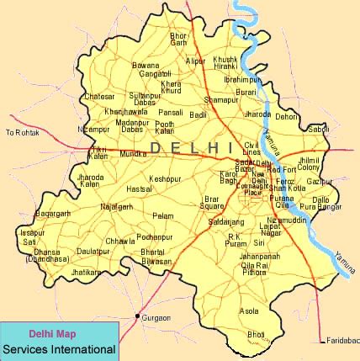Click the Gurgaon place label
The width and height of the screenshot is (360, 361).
(x=157, y=318)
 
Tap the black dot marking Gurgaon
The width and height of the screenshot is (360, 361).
(x=137, y=316)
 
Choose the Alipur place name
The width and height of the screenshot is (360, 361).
(x=195, y=61)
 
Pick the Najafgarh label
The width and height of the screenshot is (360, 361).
(x=116, y=206)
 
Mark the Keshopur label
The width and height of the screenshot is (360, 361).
(x=164, y=179)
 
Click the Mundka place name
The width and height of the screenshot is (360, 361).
(x=133, y=154)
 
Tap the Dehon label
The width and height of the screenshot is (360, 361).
(x=287, y=116)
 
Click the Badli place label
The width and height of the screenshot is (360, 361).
(x=199, y=114)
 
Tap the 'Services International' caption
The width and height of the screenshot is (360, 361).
(x=58, y=348)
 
